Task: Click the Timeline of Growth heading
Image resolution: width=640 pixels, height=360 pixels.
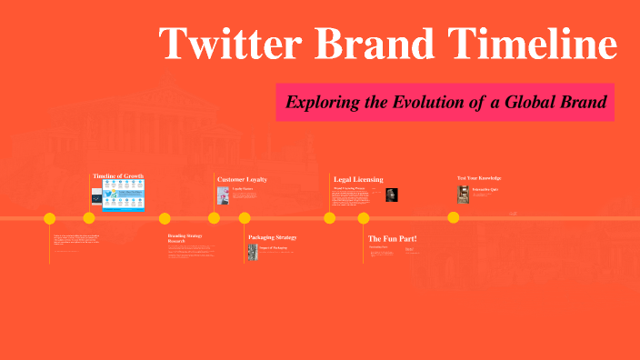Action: coord(118,175)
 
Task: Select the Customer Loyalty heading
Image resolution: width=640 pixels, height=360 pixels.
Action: coord(242,179)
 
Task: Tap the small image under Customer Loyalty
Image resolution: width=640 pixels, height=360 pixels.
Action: coord(223,195)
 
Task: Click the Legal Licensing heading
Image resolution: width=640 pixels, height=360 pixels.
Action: coord(358,179)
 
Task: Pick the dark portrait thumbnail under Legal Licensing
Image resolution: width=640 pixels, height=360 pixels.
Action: coord(392,195)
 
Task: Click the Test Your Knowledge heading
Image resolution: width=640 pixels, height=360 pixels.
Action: coord(478,178)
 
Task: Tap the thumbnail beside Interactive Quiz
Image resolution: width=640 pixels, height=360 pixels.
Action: coord(464,194)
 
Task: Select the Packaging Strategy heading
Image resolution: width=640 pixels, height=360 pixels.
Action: coord(272,237)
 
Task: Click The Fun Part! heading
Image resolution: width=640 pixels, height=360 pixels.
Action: coord(392,238)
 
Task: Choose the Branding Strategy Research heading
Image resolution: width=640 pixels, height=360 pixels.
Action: coord(185,238)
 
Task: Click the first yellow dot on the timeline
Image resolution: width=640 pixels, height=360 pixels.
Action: coord(50,218)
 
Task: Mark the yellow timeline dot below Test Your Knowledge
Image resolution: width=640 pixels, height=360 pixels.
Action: coord(453,218)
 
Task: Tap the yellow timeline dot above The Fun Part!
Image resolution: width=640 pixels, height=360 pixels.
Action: coord(364,218)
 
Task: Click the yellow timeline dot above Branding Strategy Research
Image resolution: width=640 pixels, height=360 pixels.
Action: coord(165,218)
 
